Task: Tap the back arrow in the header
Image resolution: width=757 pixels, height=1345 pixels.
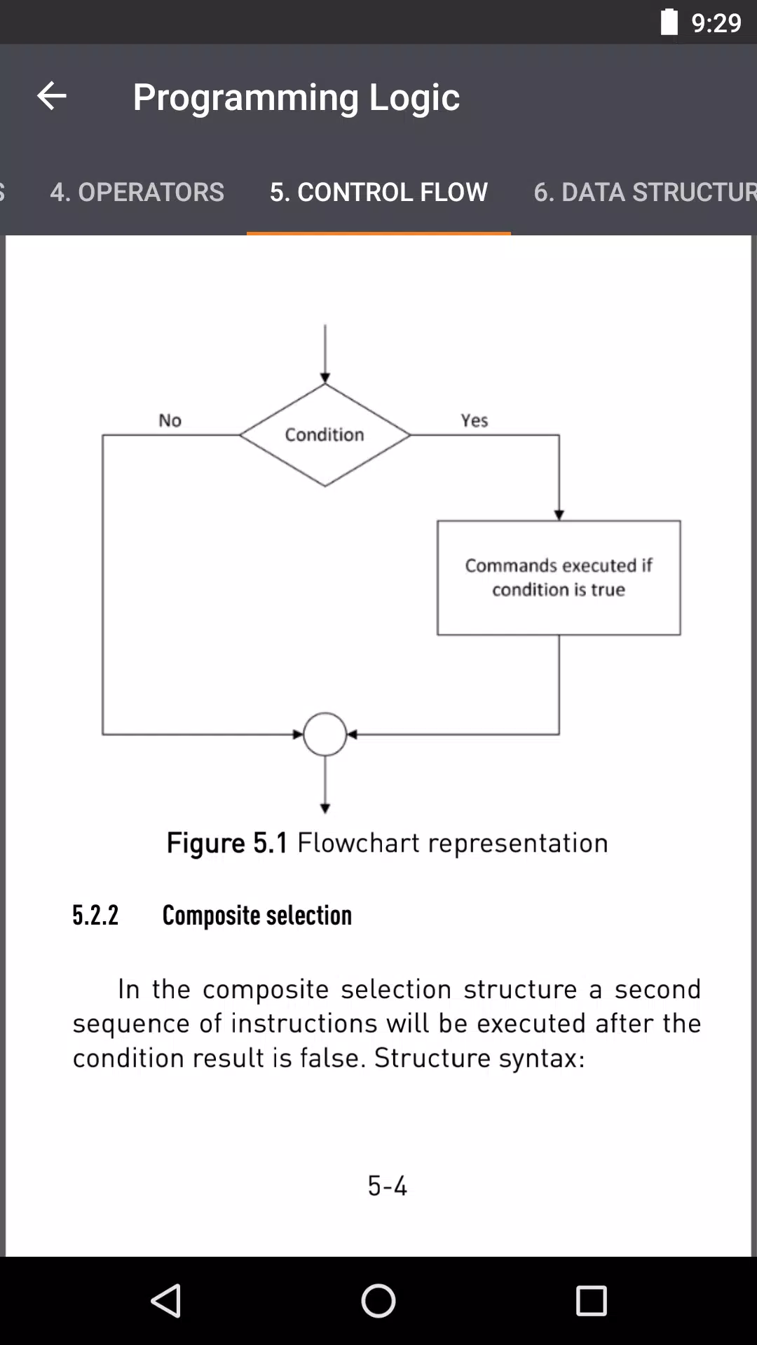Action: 51,96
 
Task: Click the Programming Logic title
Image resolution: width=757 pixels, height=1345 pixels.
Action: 296,97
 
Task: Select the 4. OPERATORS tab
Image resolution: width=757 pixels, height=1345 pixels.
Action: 137,192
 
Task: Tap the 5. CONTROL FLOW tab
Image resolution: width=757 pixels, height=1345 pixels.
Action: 378,192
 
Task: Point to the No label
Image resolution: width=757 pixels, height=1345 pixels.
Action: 170,420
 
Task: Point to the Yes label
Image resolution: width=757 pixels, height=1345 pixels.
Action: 475,420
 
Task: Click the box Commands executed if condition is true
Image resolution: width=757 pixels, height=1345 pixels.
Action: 559,578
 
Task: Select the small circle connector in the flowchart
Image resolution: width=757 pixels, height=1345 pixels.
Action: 325,713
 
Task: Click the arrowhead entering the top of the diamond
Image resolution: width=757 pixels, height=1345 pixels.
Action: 325,378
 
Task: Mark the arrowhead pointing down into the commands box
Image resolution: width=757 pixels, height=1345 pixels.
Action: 559,515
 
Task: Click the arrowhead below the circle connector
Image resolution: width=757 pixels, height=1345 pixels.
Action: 325,808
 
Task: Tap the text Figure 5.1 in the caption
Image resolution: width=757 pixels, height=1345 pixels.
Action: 227,843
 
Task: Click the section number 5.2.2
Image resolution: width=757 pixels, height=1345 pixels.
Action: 95,916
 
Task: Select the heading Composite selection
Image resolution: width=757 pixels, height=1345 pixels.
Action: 257,916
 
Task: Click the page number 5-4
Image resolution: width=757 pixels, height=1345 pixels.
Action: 388,1186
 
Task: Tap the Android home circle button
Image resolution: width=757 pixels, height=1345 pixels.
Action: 378,1301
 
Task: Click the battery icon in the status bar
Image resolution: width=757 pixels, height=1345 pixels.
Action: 669,22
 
